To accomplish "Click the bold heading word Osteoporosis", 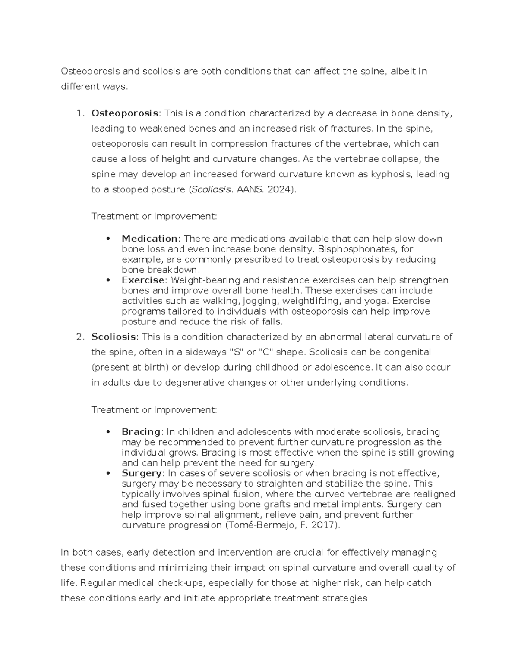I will click(124, 113).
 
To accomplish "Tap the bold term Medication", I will click(149, 239).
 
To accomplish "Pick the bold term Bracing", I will click(141, 432).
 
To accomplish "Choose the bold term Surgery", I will click(141, 473).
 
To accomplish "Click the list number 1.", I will click(79, 113).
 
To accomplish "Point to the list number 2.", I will click(79, 337).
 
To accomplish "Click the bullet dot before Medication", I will click(108, 239).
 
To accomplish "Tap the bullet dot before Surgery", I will click(108, 473).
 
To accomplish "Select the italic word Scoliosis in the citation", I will click(211, 190).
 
